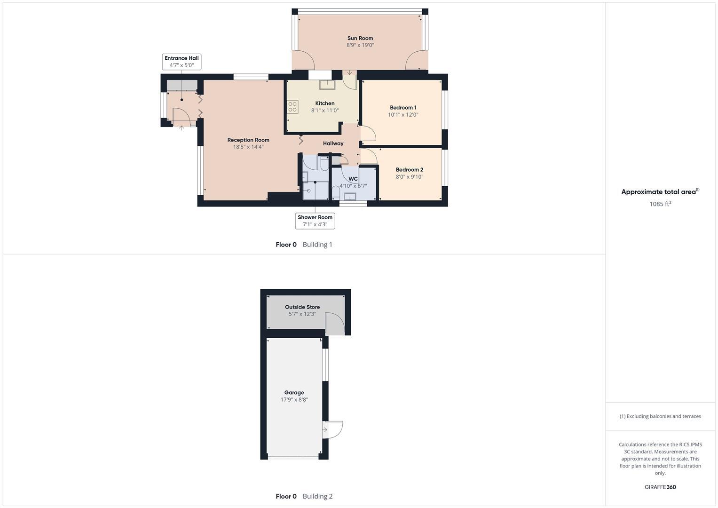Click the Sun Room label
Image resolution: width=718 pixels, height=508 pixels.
click(x=360, y=38)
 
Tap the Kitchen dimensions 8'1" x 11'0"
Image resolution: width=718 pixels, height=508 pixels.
click(x=325, y=111)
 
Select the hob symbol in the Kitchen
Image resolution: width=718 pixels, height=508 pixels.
click(x=293, y=107)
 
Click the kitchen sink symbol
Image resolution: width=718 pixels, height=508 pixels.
click(x=326, y=84)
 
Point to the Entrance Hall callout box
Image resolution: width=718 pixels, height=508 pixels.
click(x=181, y=62)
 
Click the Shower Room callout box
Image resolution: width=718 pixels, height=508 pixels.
click(x=315, y=221)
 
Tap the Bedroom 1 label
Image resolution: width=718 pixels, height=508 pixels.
click(x=403, y=108)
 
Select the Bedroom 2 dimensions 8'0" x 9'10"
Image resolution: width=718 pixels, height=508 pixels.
click(x=410, y=177)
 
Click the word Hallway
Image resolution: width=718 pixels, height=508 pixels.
click(x=333, y=143)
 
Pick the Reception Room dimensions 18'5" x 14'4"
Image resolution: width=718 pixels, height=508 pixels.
click(x=248, y=147)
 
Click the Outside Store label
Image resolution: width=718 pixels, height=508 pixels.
click(x=302, y=307)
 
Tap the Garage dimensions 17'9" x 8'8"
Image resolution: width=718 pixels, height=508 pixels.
click(x=294, y=400)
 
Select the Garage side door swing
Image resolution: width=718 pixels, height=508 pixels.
click(x=333, y=429)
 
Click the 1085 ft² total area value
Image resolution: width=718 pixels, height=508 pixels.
click(x=660, y=204)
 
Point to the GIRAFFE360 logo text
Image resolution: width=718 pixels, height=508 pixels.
click(x=660, y=487)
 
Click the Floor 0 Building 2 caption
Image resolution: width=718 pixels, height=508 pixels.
click(x=304, y=496)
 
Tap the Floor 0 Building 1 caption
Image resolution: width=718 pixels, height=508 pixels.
click(x=304, y=245)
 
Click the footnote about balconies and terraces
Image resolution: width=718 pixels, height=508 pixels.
click(x=660, y=416)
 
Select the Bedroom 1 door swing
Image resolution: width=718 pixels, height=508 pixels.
click(x=368, y=134)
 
